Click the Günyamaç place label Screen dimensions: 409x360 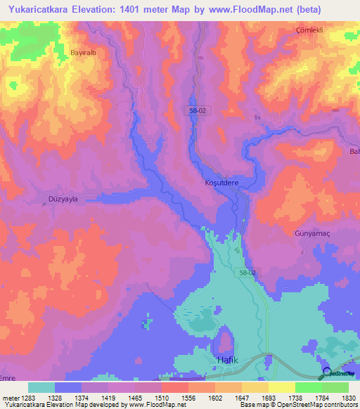click(311, 231)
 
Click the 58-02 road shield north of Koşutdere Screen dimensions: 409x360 click(199, 110)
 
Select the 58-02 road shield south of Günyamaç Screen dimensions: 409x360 click(248, 272)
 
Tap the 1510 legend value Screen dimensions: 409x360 click(162, 397)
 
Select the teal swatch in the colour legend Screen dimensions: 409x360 click(41, 387)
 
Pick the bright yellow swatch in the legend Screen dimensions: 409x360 click(281, 387)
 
